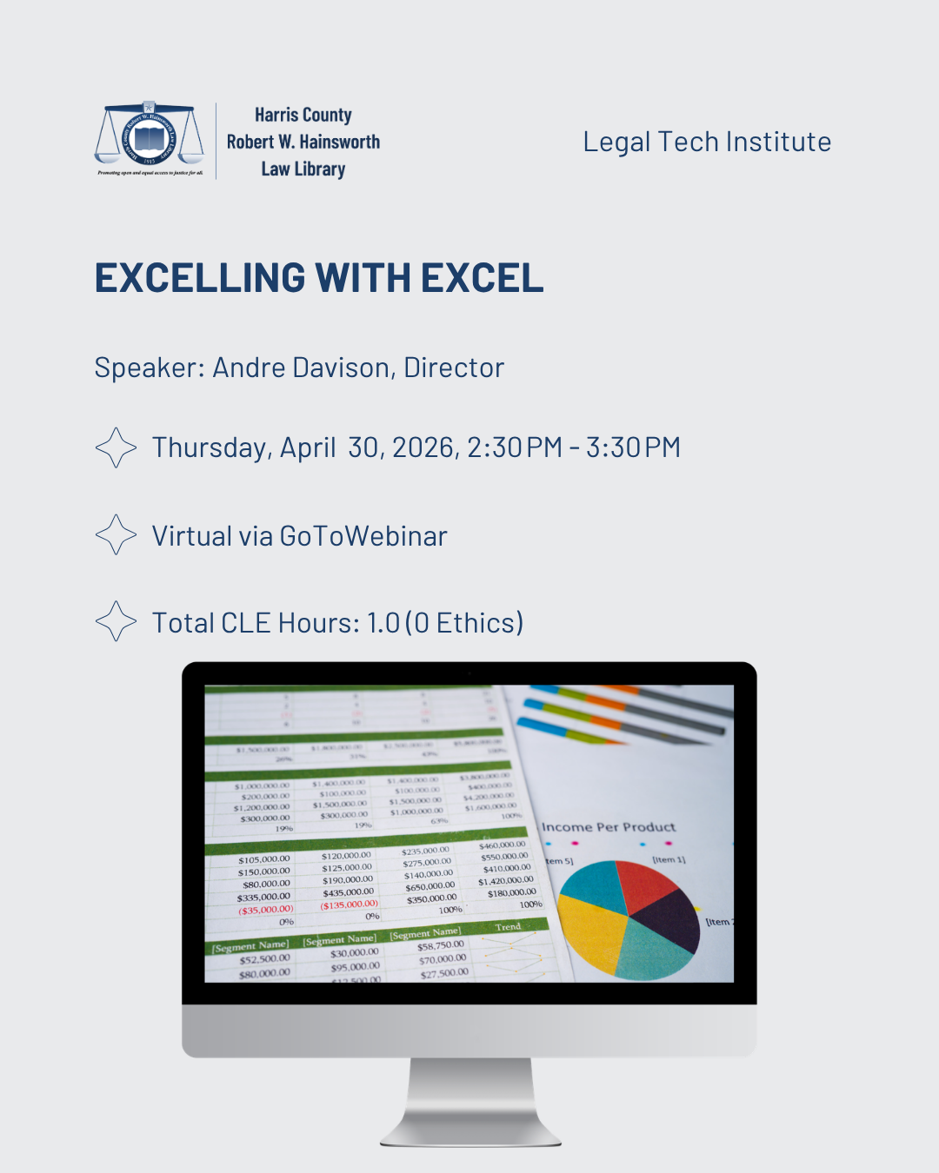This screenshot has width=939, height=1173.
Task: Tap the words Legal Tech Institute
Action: pos(707,142)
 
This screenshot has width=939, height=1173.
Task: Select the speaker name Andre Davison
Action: pos(300,368)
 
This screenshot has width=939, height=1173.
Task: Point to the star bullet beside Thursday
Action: pos(116,447)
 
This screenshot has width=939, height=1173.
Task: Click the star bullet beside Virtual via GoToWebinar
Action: pos(116,534)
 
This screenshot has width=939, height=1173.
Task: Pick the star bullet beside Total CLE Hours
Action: pos(116,621)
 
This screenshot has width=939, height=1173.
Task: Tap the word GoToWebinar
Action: pos(363,536)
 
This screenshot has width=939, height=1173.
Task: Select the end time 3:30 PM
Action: pos(633,447)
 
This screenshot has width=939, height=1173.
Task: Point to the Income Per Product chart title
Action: pos(609,827)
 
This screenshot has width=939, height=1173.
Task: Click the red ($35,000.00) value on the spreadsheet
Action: pos(266,910)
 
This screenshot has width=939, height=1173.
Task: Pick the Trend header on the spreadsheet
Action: pos(508,927)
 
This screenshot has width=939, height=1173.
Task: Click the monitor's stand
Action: pos(469,1099)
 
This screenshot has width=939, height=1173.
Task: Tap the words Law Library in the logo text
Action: pos(303,169)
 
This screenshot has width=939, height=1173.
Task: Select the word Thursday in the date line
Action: pos(210,447)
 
